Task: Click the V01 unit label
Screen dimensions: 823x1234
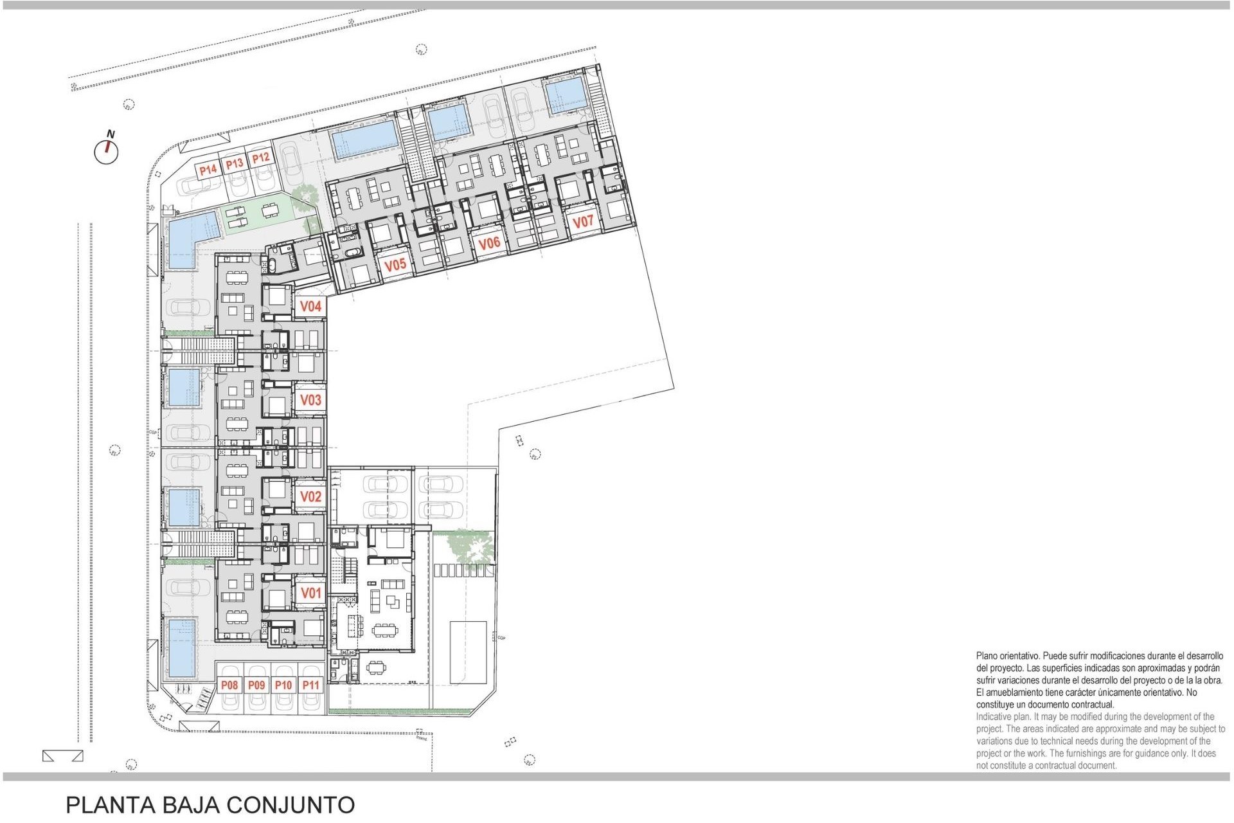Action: [310, 593]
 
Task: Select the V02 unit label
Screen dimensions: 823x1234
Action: [310, 496]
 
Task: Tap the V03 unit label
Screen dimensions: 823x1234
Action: [310, 400]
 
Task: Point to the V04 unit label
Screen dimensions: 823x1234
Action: [310, 307]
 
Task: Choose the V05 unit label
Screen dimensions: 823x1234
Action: [395, 264]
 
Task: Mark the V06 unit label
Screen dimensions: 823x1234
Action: [489, 243]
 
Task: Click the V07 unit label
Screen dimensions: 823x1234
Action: [582, 222]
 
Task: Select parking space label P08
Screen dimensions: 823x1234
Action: [229, 685]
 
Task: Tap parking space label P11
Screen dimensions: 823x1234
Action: [311, 685]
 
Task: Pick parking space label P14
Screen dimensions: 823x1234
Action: [208, 170]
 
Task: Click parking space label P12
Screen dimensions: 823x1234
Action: [260, 158]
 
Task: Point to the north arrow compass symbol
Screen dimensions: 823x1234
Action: [107, 150]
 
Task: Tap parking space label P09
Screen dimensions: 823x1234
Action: [256, 685]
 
